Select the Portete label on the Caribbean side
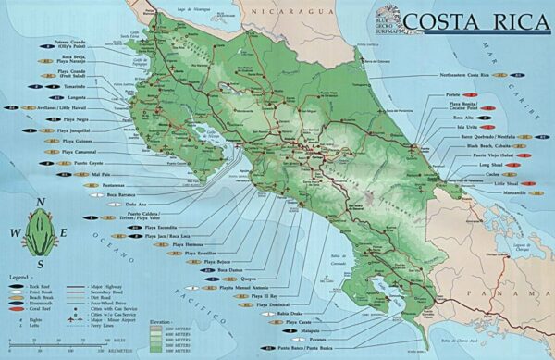(452, 95)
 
